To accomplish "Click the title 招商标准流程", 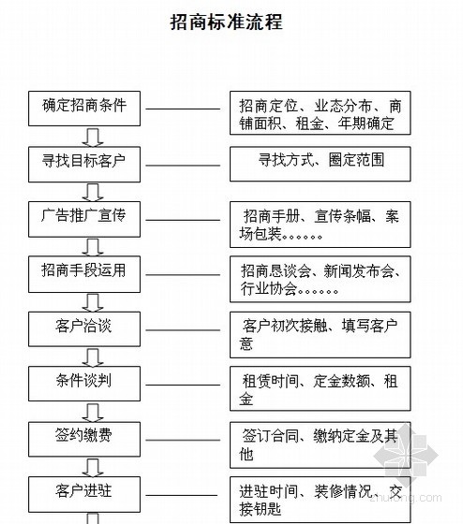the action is [x=226, y=22].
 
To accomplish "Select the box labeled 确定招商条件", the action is [x=84, y=109].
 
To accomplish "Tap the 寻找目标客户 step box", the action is [x=84, y=164].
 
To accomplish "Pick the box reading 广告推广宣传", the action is [x=84, y=219].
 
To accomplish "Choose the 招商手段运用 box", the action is [x=84, y=274].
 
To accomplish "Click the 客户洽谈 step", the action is [x=84, y=328].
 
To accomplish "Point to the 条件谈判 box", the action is [x=84, y=384].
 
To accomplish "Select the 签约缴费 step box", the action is [x=84, y=439].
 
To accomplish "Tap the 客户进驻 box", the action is [x=84, y=494].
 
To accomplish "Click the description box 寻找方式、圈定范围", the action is [x=321, y=164].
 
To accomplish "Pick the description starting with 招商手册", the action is [x=321, y=225].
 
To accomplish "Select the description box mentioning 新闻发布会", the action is [x=321, y=279].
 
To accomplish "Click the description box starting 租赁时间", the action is [x=321, y=388].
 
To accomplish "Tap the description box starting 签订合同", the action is [x=321, y=444].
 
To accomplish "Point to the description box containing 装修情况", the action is [x=321, y=500].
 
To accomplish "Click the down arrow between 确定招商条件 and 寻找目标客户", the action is [x=93, y=137].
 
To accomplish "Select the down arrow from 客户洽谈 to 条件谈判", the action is [x=93, y=357].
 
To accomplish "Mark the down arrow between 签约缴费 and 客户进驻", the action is [x=93, y=467].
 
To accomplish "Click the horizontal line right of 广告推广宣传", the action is [x=183, y=220].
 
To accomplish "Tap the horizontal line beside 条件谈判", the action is [x=183, y=385].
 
